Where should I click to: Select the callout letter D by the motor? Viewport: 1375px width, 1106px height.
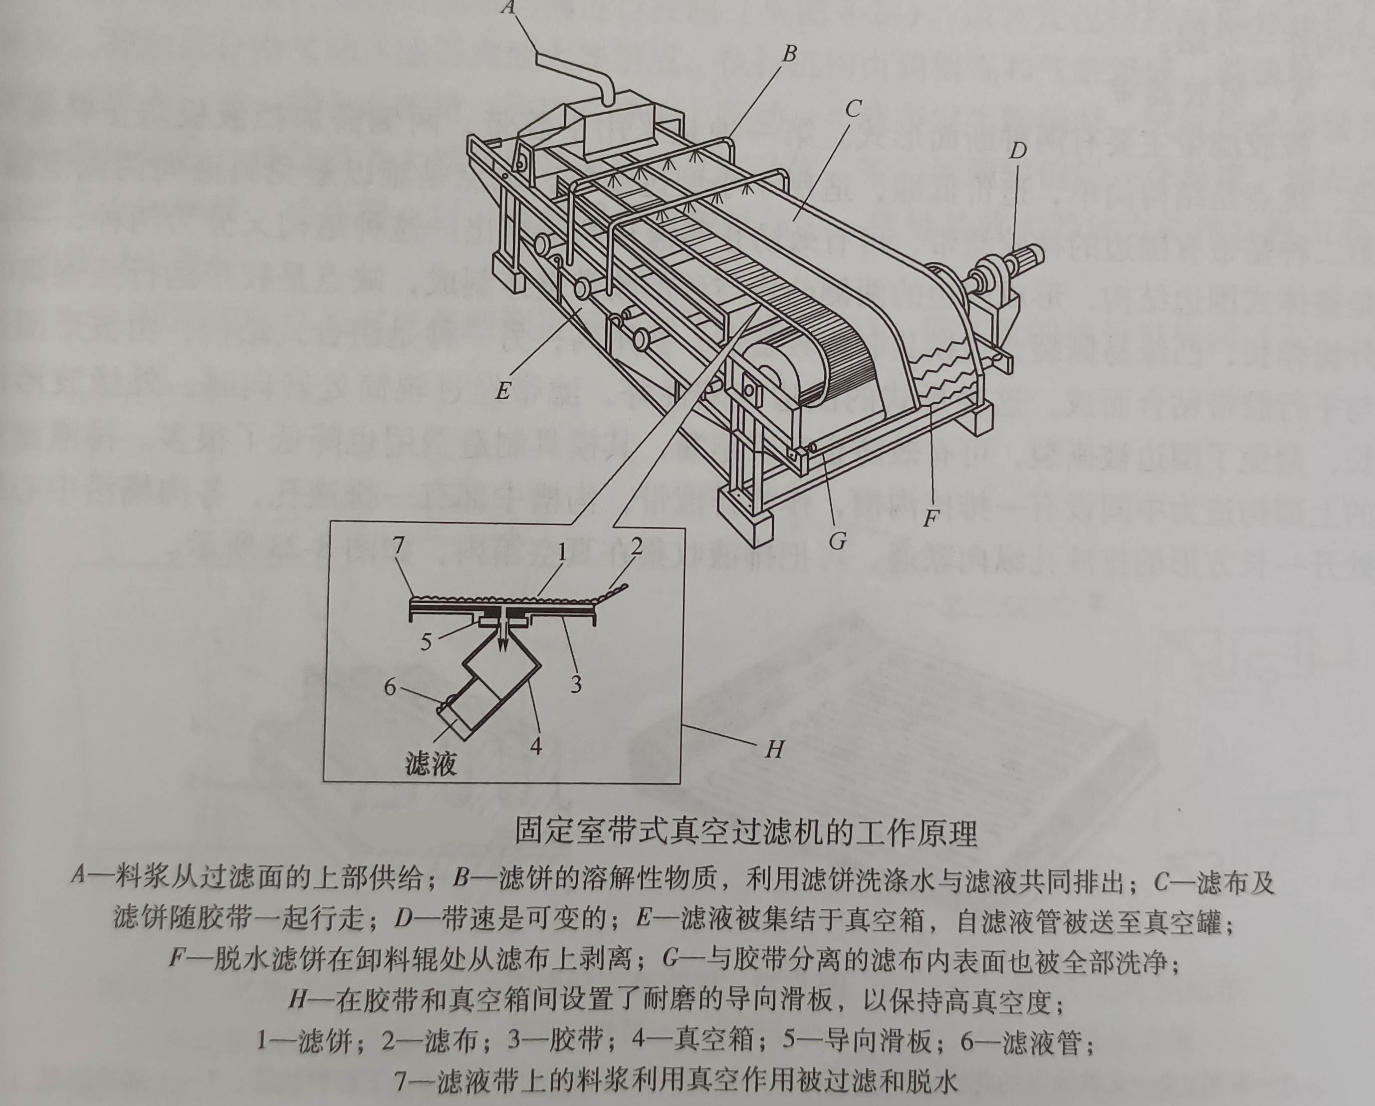coord(1018,151)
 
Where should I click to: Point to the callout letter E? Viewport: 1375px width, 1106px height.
coord(503,390)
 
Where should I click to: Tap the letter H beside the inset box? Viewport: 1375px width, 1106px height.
coord(774,749)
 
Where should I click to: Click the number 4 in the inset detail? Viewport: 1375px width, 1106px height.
coord(536,745)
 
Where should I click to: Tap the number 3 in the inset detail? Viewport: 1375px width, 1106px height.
coord(576,684)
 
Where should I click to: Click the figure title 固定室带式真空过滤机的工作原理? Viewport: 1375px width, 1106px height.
coord(746,833)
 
